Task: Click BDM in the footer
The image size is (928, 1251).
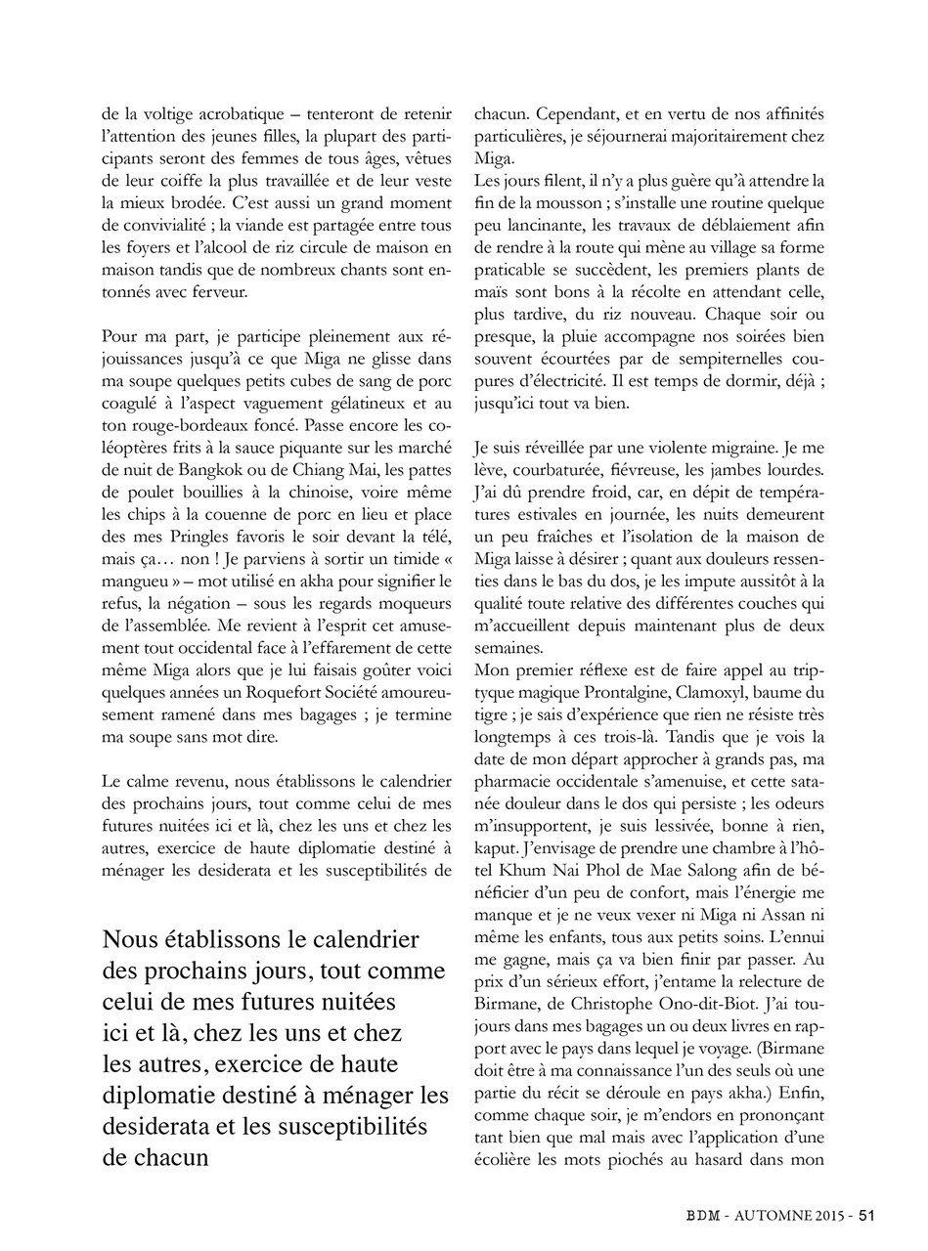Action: (x=702, y=1216)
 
